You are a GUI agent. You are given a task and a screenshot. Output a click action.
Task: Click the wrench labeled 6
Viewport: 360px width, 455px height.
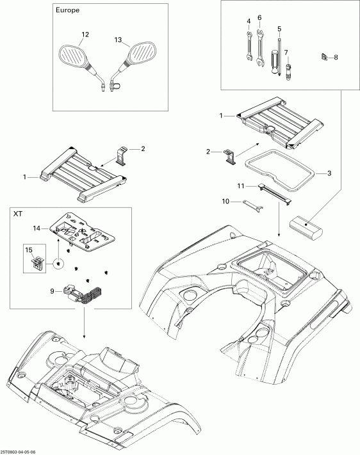pyautogui.click(x=259, y=49)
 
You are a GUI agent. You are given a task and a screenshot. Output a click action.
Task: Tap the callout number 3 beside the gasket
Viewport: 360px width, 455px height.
pyautogui.click(x=329, y=172)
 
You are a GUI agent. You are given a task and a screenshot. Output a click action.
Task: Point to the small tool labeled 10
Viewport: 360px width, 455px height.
pyautogui.click(x=252, y=204)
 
